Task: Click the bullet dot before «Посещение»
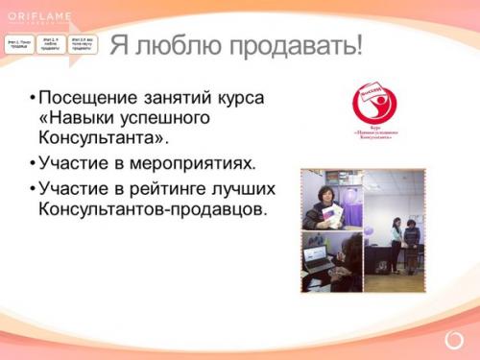coord(33,99)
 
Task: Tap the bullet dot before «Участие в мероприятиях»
coord(33,163)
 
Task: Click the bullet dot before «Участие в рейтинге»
coord(33,189)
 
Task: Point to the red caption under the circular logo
coord(374,132)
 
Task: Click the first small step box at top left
coord(18,44)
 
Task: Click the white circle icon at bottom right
coord(454,340)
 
